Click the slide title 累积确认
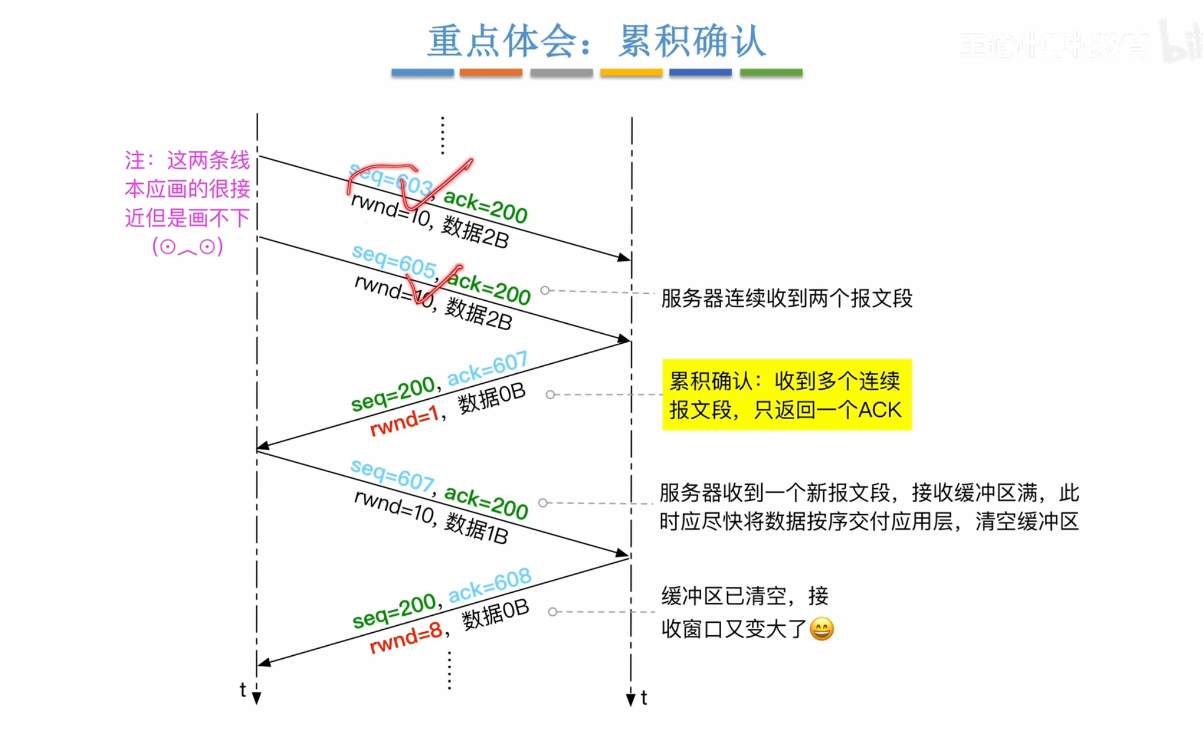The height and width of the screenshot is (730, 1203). pyautogui.click(x=691, y=42)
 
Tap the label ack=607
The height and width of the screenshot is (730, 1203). pyautogui.click(x=487, y=369)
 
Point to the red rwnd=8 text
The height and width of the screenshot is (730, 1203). pyautogui.click(x=405, y=638)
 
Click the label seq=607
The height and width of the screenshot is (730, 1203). pyautogui.click(x=392, y=474)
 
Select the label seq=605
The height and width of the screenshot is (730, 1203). pyautogui.click(x=394, y=260)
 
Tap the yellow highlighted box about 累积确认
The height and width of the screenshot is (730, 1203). pyautogui.click(x=786, y=395)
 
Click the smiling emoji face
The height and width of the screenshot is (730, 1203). pyautogui.click(x=822, y=629)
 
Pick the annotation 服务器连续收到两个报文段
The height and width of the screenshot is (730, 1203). pyautogui.click(x=787, y=298)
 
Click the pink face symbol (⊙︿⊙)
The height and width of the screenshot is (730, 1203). pyautogui.click(x=188, y=247)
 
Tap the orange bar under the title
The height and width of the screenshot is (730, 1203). pyautogui.click(x=491, y=72)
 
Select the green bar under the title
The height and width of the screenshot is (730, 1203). pyautogui.click(x=771, y=72)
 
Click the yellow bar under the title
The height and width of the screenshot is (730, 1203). pyautogui.click(x=631, y=72)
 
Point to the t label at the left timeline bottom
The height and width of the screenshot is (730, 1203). pyautogui.click(x=242, y=689)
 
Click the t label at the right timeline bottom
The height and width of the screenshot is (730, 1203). pyautogui.click(x=644, y=698)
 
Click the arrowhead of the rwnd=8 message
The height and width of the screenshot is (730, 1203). pyautogui.click(x=264, y=663)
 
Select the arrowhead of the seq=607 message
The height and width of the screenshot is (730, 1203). pyautogui.click(x=623, y=553)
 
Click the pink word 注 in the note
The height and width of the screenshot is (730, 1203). pyautogui.click(x=135, y=160)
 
